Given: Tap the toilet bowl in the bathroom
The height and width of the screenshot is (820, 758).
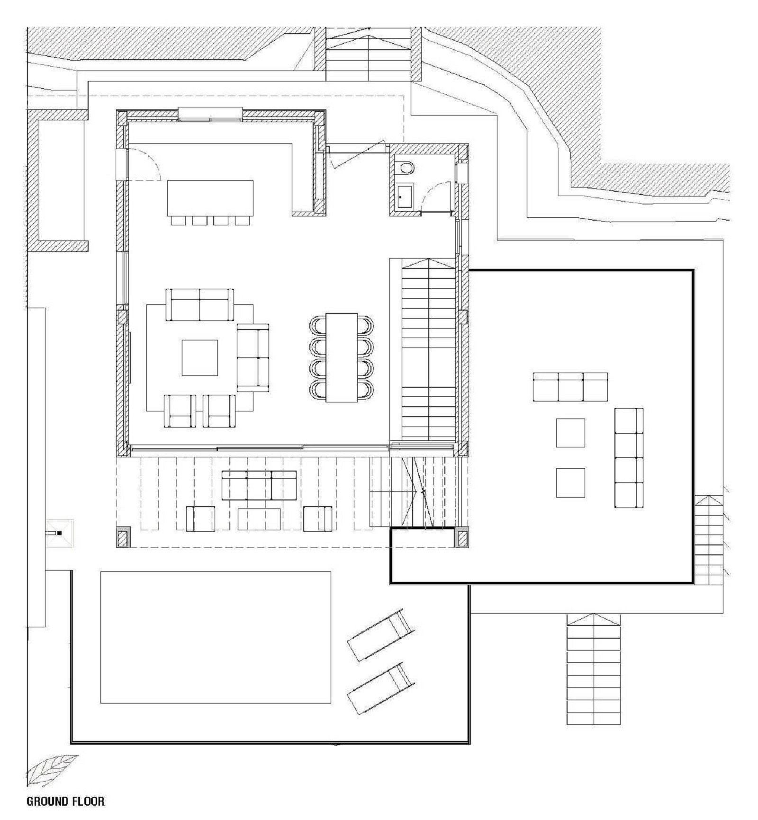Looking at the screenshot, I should tap(406, 167).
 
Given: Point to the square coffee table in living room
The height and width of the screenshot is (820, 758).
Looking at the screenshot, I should tap(200, 357).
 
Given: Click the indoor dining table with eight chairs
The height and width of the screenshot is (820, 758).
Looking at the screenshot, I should tap(341, 357).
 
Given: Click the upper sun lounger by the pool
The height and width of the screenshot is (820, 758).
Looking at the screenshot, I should tap(381, 636).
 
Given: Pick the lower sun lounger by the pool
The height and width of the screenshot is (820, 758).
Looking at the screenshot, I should tap(381, 688).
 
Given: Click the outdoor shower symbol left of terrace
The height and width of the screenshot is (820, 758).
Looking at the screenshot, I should tap(60, 534).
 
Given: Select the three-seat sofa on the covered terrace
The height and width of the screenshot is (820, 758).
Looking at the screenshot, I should tap(259, 485).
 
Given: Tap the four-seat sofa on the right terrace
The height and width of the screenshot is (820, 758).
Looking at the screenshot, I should tap(628, 458).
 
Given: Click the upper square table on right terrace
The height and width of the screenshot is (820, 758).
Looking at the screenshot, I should tap(570, 433).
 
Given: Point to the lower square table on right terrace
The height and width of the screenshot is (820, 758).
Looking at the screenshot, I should tap(570, 482).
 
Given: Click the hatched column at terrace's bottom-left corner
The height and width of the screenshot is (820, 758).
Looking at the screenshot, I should tap(123, 538).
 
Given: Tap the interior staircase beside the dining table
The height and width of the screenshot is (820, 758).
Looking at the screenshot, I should tap(428, 350).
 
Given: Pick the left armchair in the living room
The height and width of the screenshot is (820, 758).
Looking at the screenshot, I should tap(180, 411).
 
